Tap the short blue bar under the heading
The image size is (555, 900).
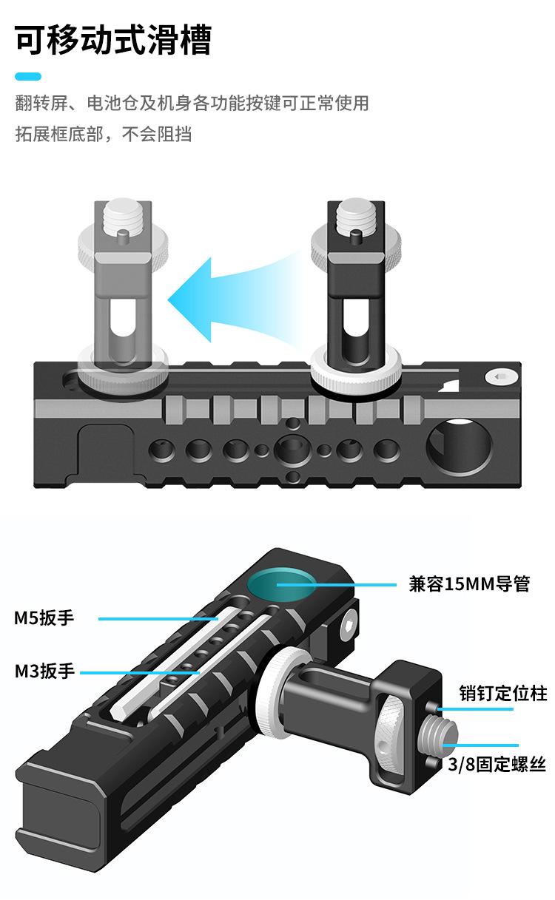click(x=28, y=76)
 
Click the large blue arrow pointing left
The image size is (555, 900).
click(x=222, y=299)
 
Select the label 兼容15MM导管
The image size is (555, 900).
click(x=469, y=583)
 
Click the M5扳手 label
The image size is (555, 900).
click(x=44, y=618)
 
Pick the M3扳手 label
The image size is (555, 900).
click(x=44, y=671)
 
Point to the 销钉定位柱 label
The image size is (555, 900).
click(x=502, y=693)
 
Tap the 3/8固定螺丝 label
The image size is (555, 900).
click(x=497, y=765)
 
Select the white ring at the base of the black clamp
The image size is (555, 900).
click(x=356, y=368)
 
